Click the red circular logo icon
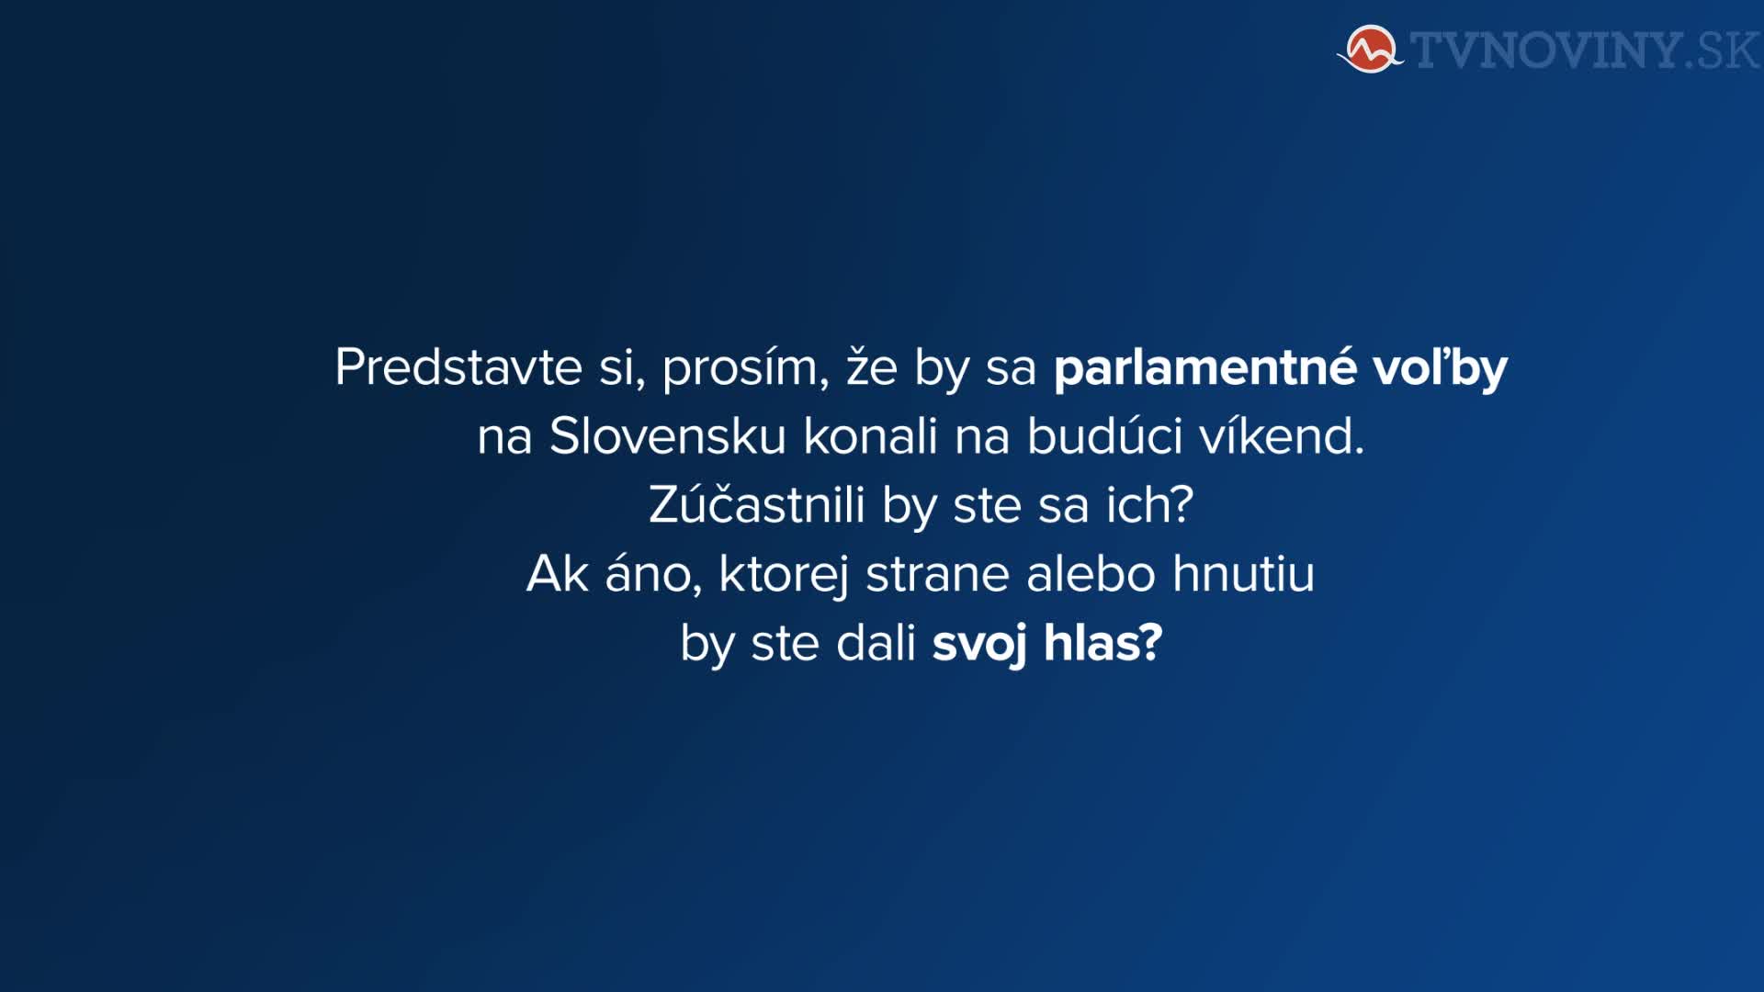tap(1371, 49)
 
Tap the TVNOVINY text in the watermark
tap(1547, 51)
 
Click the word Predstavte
tap(458, 367)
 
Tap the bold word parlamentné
tap(1204, 368)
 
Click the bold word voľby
tap(1440, 368)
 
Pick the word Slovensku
tap(667, 436)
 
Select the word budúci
tap(1104, 435)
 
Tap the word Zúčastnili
tap(757, 504)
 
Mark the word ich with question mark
tap(1149, 504)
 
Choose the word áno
tap(653, 574)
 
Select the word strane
tap(937, 575)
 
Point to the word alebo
tap(1091, 574)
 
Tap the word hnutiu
tap(1244, 574)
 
